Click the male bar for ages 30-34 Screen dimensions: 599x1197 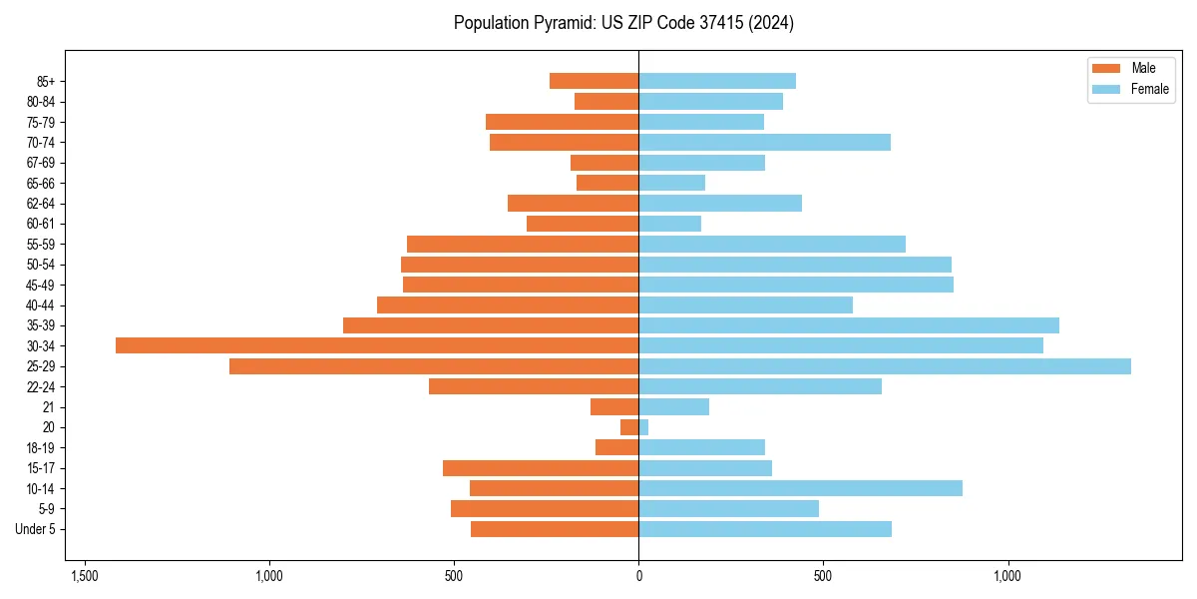tap(377, 345)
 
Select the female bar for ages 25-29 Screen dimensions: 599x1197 tap(885, 366)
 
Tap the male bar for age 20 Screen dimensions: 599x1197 tap(629, 427)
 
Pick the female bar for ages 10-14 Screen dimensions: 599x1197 tap(800, 488)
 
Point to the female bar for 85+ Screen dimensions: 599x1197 tap(717, 81)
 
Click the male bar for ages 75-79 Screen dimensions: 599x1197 tap(562, 122)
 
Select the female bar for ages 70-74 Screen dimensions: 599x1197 tap(764, 142)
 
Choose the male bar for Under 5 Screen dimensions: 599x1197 tap(555, 529)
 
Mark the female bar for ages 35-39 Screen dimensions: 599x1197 tap(849, 325)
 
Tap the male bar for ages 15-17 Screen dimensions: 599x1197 tap(541, 468)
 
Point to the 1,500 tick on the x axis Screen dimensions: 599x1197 tap(85, 576)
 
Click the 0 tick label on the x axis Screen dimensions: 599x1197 tap(638, 576)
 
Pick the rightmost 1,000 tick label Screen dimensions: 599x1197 tap(1008, 576)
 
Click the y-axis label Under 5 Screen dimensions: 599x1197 tap(35, 529)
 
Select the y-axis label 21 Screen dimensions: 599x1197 tap(48, 407)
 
